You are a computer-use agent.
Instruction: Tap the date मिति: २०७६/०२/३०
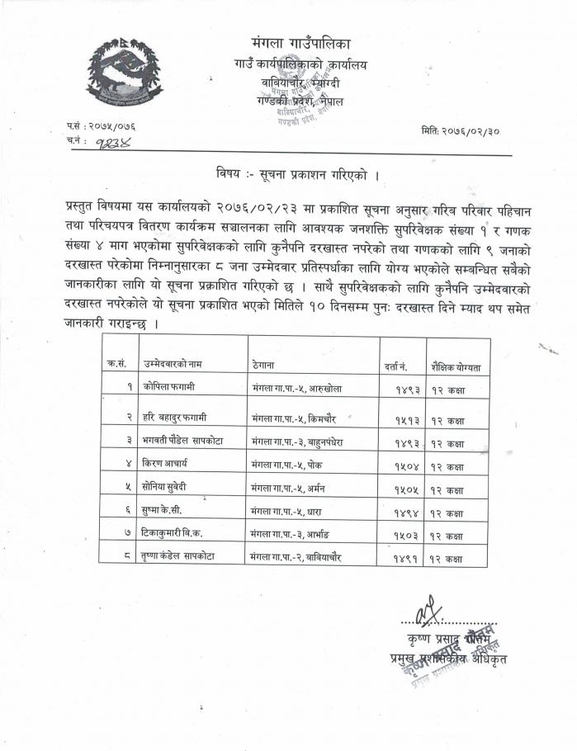466,131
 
